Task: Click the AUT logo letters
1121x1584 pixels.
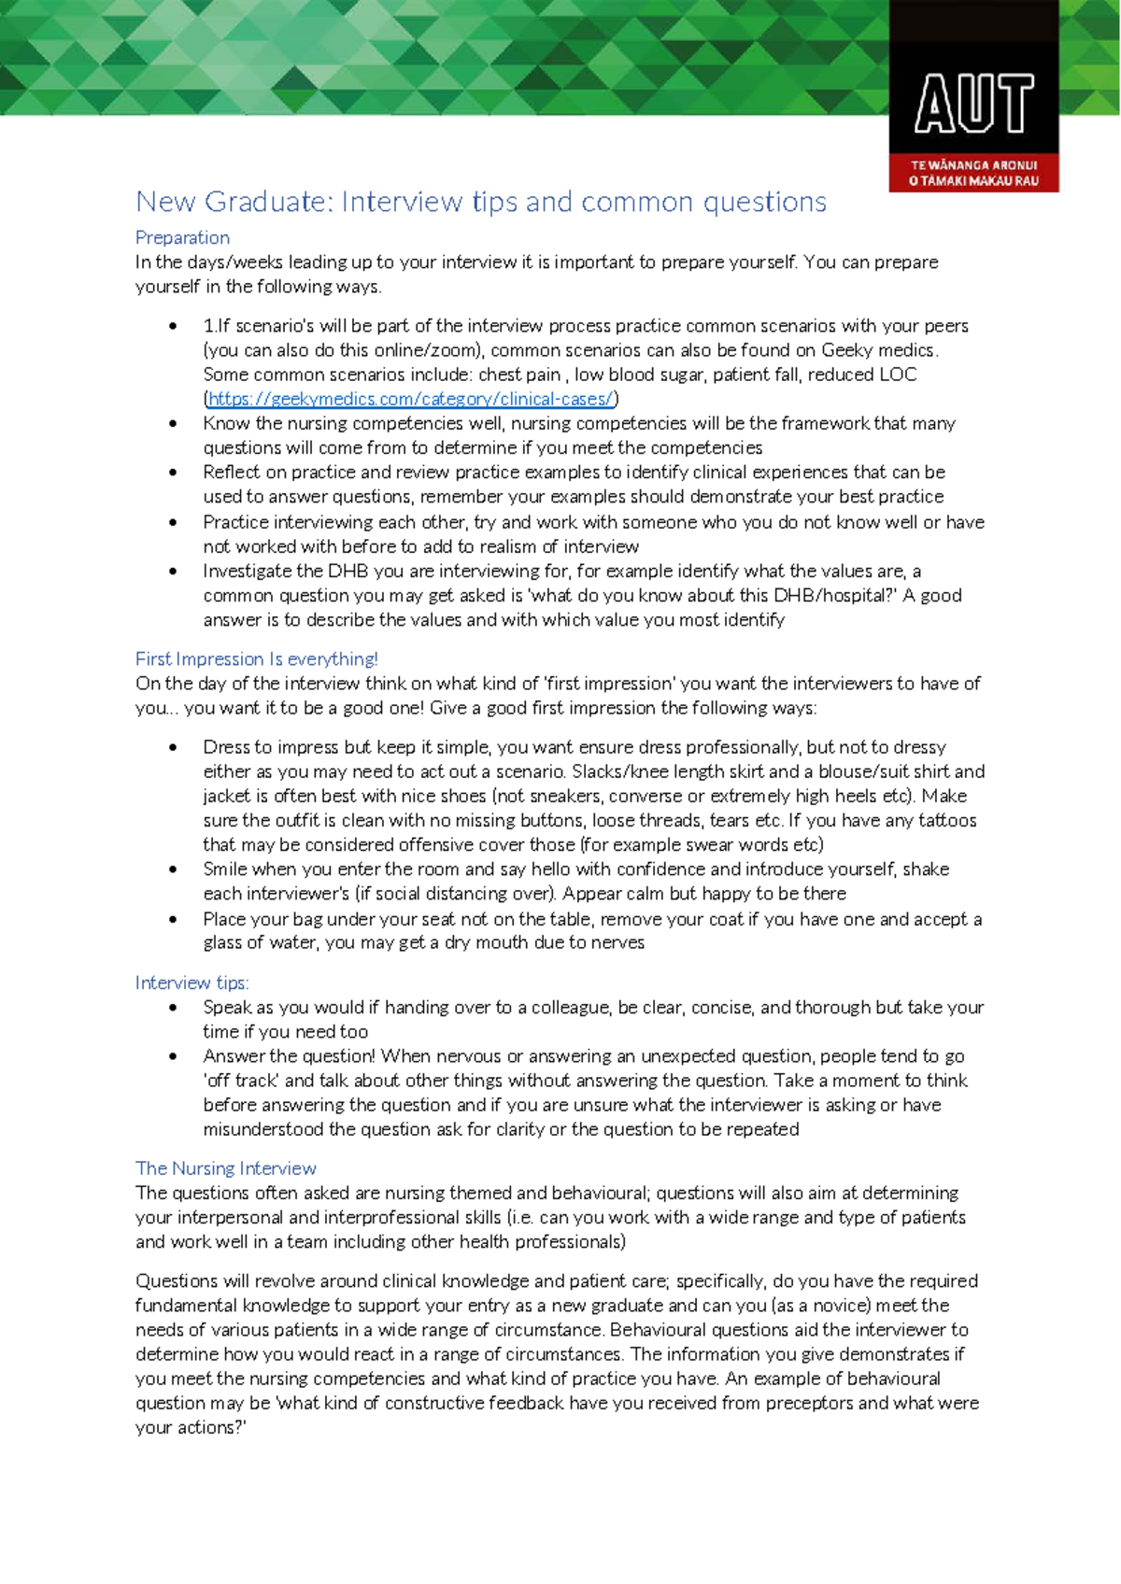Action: tap(973, 104)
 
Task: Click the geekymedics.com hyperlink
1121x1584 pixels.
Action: tap(411, 399)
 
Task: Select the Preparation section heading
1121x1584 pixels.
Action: tap(182, 237)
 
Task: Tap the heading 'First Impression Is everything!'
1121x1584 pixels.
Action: tap(256, 658)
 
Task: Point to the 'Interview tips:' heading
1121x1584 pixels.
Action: tap(192, 983)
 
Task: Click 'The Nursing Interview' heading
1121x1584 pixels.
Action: tap(225, 1168)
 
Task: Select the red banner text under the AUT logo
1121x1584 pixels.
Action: tap(973, 173)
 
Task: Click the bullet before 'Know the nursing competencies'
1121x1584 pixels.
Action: tap(173, 423)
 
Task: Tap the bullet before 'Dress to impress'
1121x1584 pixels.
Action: tap(173, 747)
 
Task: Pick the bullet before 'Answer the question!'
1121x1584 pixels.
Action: tap(173, 1056)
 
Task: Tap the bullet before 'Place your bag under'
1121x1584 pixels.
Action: tap(173, 919)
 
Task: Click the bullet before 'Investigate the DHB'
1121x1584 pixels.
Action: tap(173, 571)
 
